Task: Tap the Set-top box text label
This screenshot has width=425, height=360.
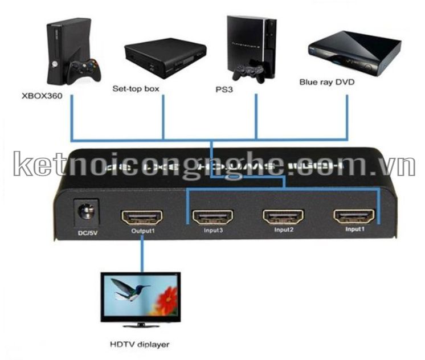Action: pos(136,89)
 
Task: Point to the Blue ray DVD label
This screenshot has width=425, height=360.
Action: pos(327,82)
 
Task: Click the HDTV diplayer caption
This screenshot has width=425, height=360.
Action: pos(140,344)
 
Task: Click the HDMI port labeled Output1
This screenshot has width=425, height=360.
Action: pos(141,217)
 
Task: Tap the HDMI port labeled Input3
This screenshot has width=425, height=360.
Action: pos(212,218)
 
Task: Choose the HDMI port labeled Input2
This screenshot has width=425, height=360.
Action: pos(283,217)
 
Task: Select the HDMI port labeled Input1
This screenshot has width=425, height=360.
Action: pos(354,216)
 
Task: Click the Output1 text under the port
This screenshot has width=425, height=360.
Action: pos(142,232)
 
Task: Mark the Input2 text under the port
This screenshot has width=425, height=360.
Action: pos(284,231)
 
